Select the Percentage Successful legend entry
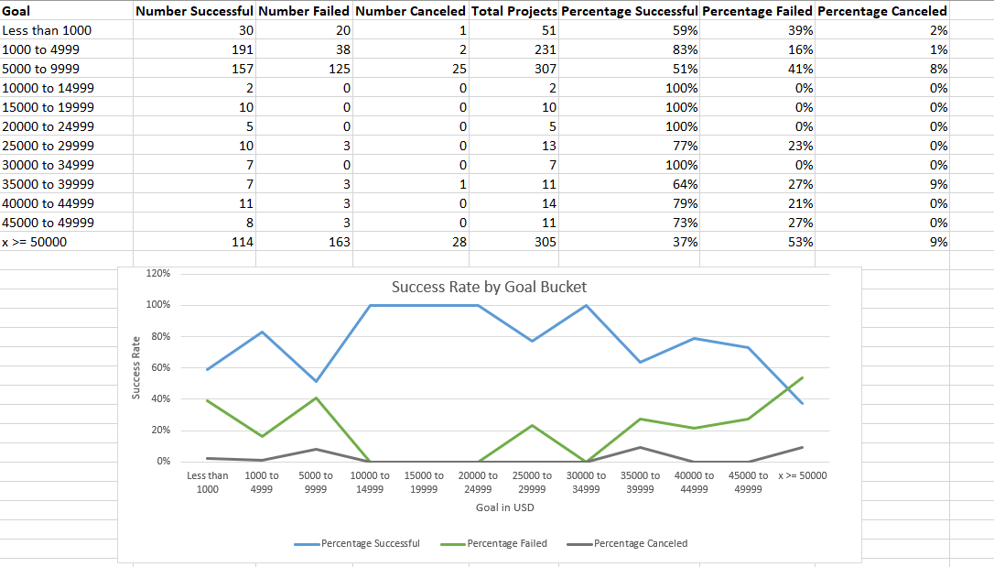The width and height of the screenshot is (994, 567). pos(370,543)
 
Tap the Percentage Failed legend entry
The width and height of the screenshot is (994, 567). pos(506,543)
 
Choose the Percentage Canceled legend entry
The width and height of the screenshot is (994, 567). pos(640,543)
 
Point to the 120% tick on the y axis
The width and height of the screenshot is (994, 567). pos(158,273)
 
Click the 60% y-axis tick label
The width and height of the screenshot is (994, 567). pos(160,367)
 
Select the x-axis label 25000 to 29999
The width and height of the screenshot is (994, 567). pos(532,482)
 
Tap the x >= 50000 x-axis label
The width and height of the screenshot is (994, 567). pos(802,475)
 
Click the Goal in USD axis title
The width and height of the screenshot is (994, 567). pos(504,507)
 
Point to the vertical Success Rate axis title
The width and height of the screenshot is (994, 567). pos(135,367)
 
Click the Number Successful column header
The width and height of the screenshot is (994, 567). pos(194,11)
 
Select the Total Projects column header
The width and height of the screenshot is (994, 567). pos(513,11)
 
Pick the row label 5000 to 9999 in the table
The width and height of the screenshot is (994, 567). pos(40,69)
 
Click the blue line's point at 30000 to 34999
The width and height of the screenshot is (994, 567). pos(586,305)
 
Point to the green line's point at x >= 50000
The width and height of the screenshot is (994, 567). pos(802,377)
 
